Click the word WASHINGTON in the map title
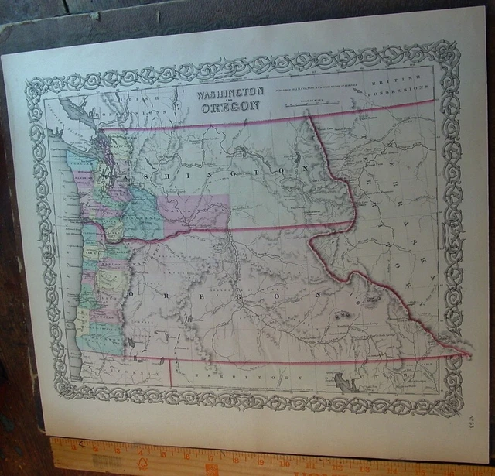tap(230, 92)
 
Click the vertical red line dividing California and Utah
tap(170, 372)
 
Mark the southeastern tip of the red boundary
tap(467, 354)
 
